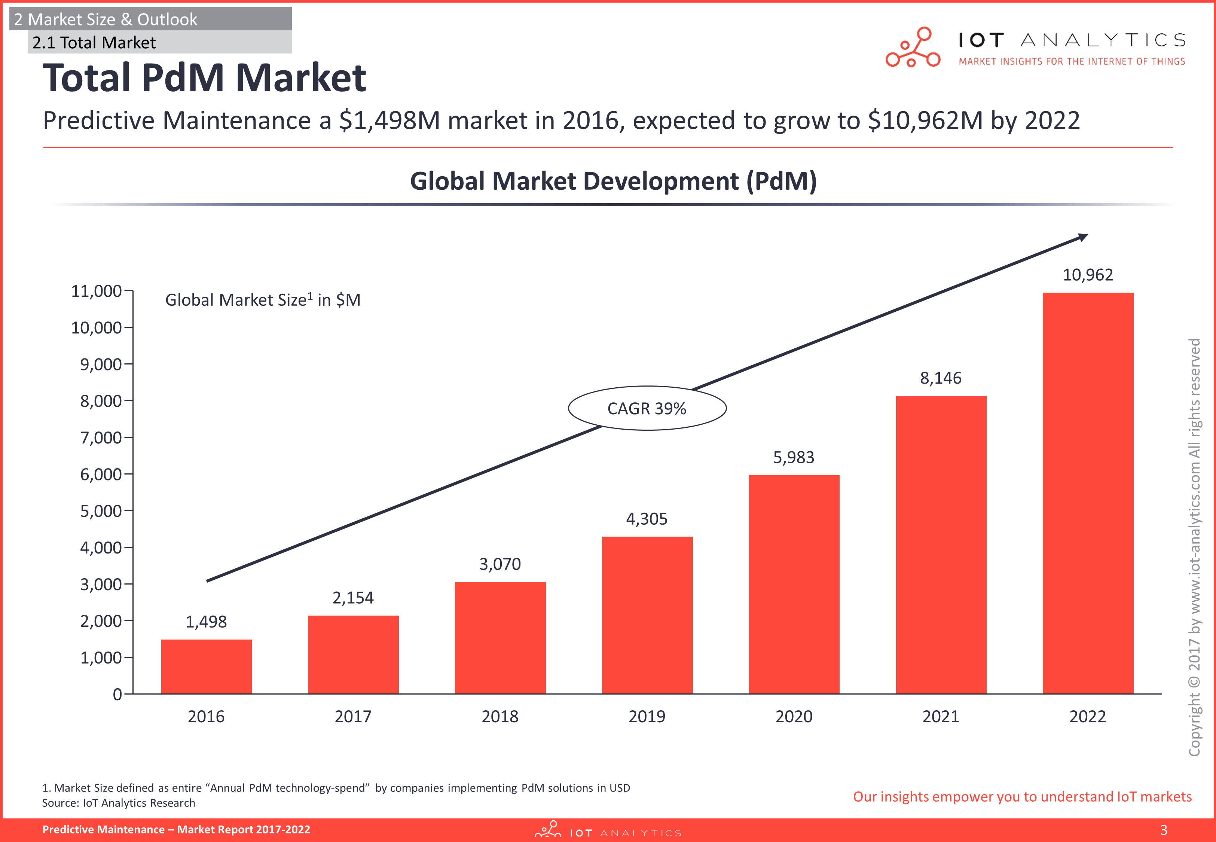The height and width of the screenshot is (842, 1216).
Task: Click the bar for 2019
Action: [647, 614]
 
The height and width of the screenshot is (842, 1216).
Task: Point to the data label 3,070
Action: [500, 564]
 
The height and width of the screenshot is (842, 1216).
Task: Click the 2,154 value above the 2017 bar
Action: [353, 598]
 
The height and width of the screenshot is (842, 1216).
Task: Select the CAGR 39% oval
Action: [647, 408]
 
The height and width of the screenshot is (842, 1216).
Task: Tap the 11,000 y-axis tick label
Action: [97, 291]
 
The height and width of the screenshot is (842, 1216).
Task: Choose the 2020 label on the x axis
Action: [794, 716]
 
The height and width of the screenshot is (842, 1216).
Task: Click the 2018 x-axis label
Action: [500, 716]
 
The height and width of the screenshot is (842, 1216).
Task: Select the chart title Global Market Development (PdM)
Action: [613, 181]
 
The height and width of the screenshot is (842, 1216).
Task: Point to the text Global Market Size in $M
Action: [263, 300]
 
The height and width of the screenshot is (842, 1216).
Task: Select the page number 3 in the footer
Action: [1164, 830]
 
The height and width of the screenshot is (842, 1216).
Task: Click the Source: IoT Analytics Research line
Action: [119, 803]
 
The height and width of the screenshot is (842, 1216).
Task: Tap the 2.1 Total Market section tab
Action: [94, 43]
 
